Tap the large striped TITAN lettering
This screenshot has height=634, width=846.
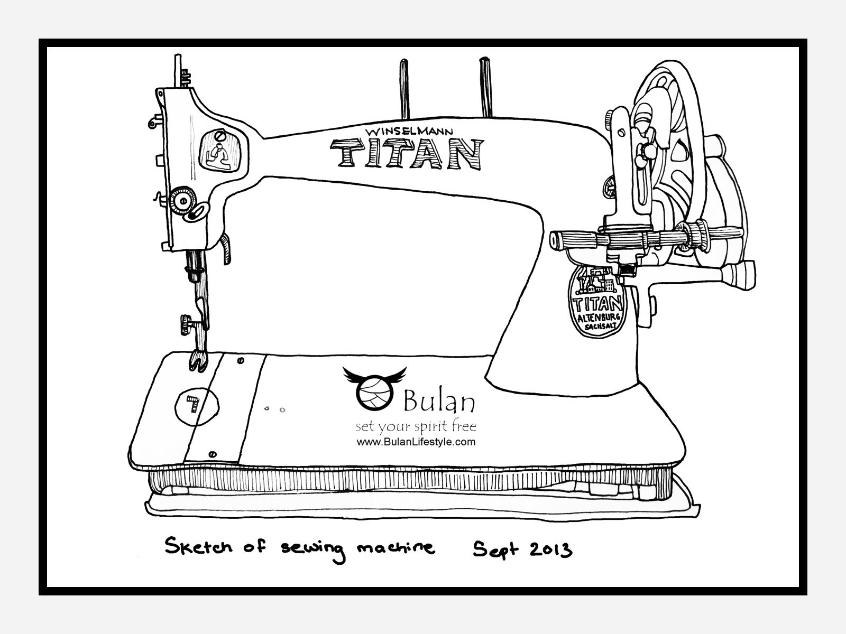407,154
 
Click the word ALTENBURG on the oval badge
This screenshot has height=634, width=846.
597,318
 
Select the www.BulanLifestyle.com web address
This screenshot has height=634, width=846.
416,442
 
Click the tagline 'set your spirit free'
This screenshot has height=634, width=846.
416,427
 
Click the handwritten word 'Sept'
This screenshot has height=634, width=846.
492,551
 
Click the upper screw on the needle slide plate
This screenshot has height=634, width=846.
241,361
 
